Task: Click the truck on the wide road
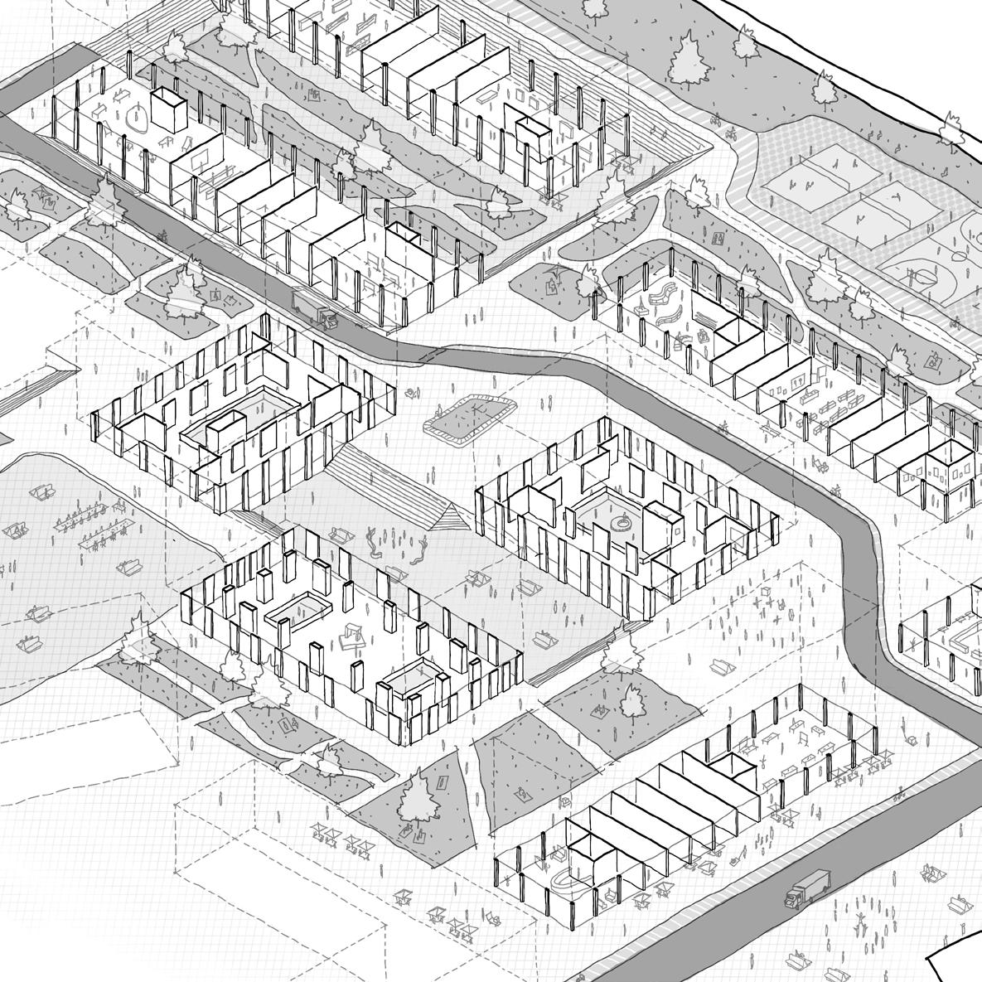[807, 888]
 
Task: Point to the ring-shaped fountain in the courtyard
[617, 523]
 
